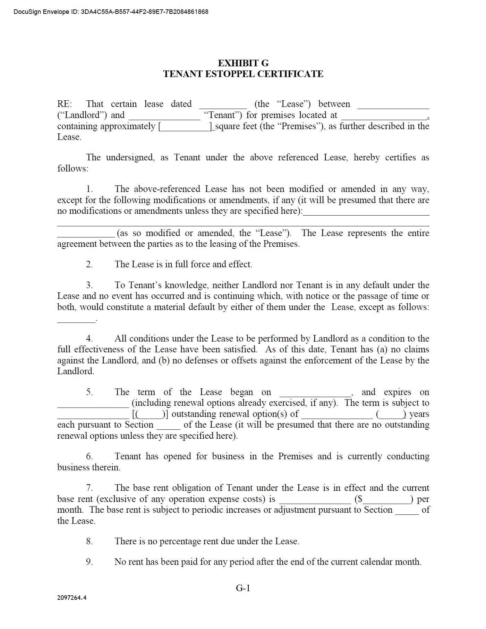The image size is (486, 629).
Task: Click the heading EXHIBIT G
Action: tap(243, 63)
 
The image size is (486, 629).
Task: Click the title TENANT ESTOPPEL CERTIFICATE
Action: tap(243, 74)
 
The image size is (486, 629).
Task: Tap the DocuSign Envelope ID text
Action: tap(111, 12)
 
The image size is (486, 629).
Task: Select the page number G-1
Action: tap(243, 588)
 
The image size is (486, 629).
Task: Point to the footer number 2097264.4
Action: tap(72, 598)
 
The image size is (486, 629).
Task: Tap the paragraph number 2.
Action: tap(89, 265)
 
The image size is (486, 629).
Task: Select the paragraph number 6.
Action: tap(89, 456)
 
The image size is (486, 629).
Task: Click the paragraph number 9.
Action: tap(89, 562)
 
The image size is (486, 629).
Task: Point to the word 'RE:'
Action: tap(65, 104)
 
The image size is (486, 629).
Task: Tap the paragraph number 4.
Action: tap(89, 339)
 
